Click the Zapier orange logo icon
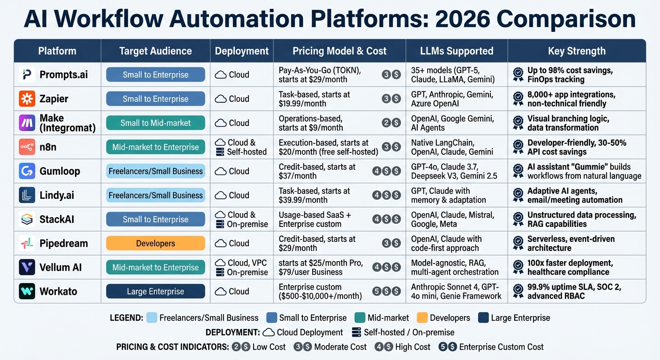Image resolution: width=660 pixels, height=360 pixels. tap(27, 99)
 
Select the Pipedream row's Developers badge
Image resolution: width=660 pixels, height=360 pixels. tap(156, 243)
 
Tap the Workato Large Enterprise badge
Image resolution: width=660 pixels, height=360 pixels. tap(156, 292)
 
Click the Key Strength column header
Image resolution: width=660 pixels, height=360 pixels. tap(577, 51)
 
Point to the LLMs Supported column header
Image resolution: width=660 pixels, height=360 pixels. tap(457, 51)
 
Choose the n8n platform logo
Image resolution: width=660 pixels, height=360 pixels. tap(27, 147)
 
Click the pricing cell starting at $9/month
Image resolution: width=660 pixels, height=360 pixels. tap(311, 123)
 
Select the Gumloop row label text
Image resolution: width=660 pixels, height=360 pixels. tap(60, 171)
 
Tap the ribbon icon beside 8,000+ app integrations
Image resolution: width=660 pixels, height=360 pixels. tap(518, 99)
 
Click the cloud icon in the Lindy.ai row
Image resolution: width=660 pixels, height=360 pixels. tap(221, 195)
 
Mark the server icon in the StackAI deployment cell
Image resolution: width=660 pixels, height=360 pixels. tap(220, 225)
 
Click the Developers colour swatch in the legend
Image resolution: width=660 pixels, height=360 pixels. tap(422, 318)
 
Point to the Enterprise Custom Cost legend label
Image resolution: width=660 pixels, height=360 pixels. tap(501, 347)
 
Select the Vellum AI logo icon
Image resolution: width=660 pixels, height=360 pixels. tap(27, 267)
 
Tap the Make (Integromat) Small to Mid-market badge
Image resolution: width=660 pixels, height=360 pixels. tap(156, 123)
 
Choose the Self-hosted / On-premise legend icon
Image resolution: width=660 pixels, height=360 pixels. tap(356, 332)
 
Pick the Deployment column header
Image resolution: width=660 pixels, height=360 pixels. tap(241, 51)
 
